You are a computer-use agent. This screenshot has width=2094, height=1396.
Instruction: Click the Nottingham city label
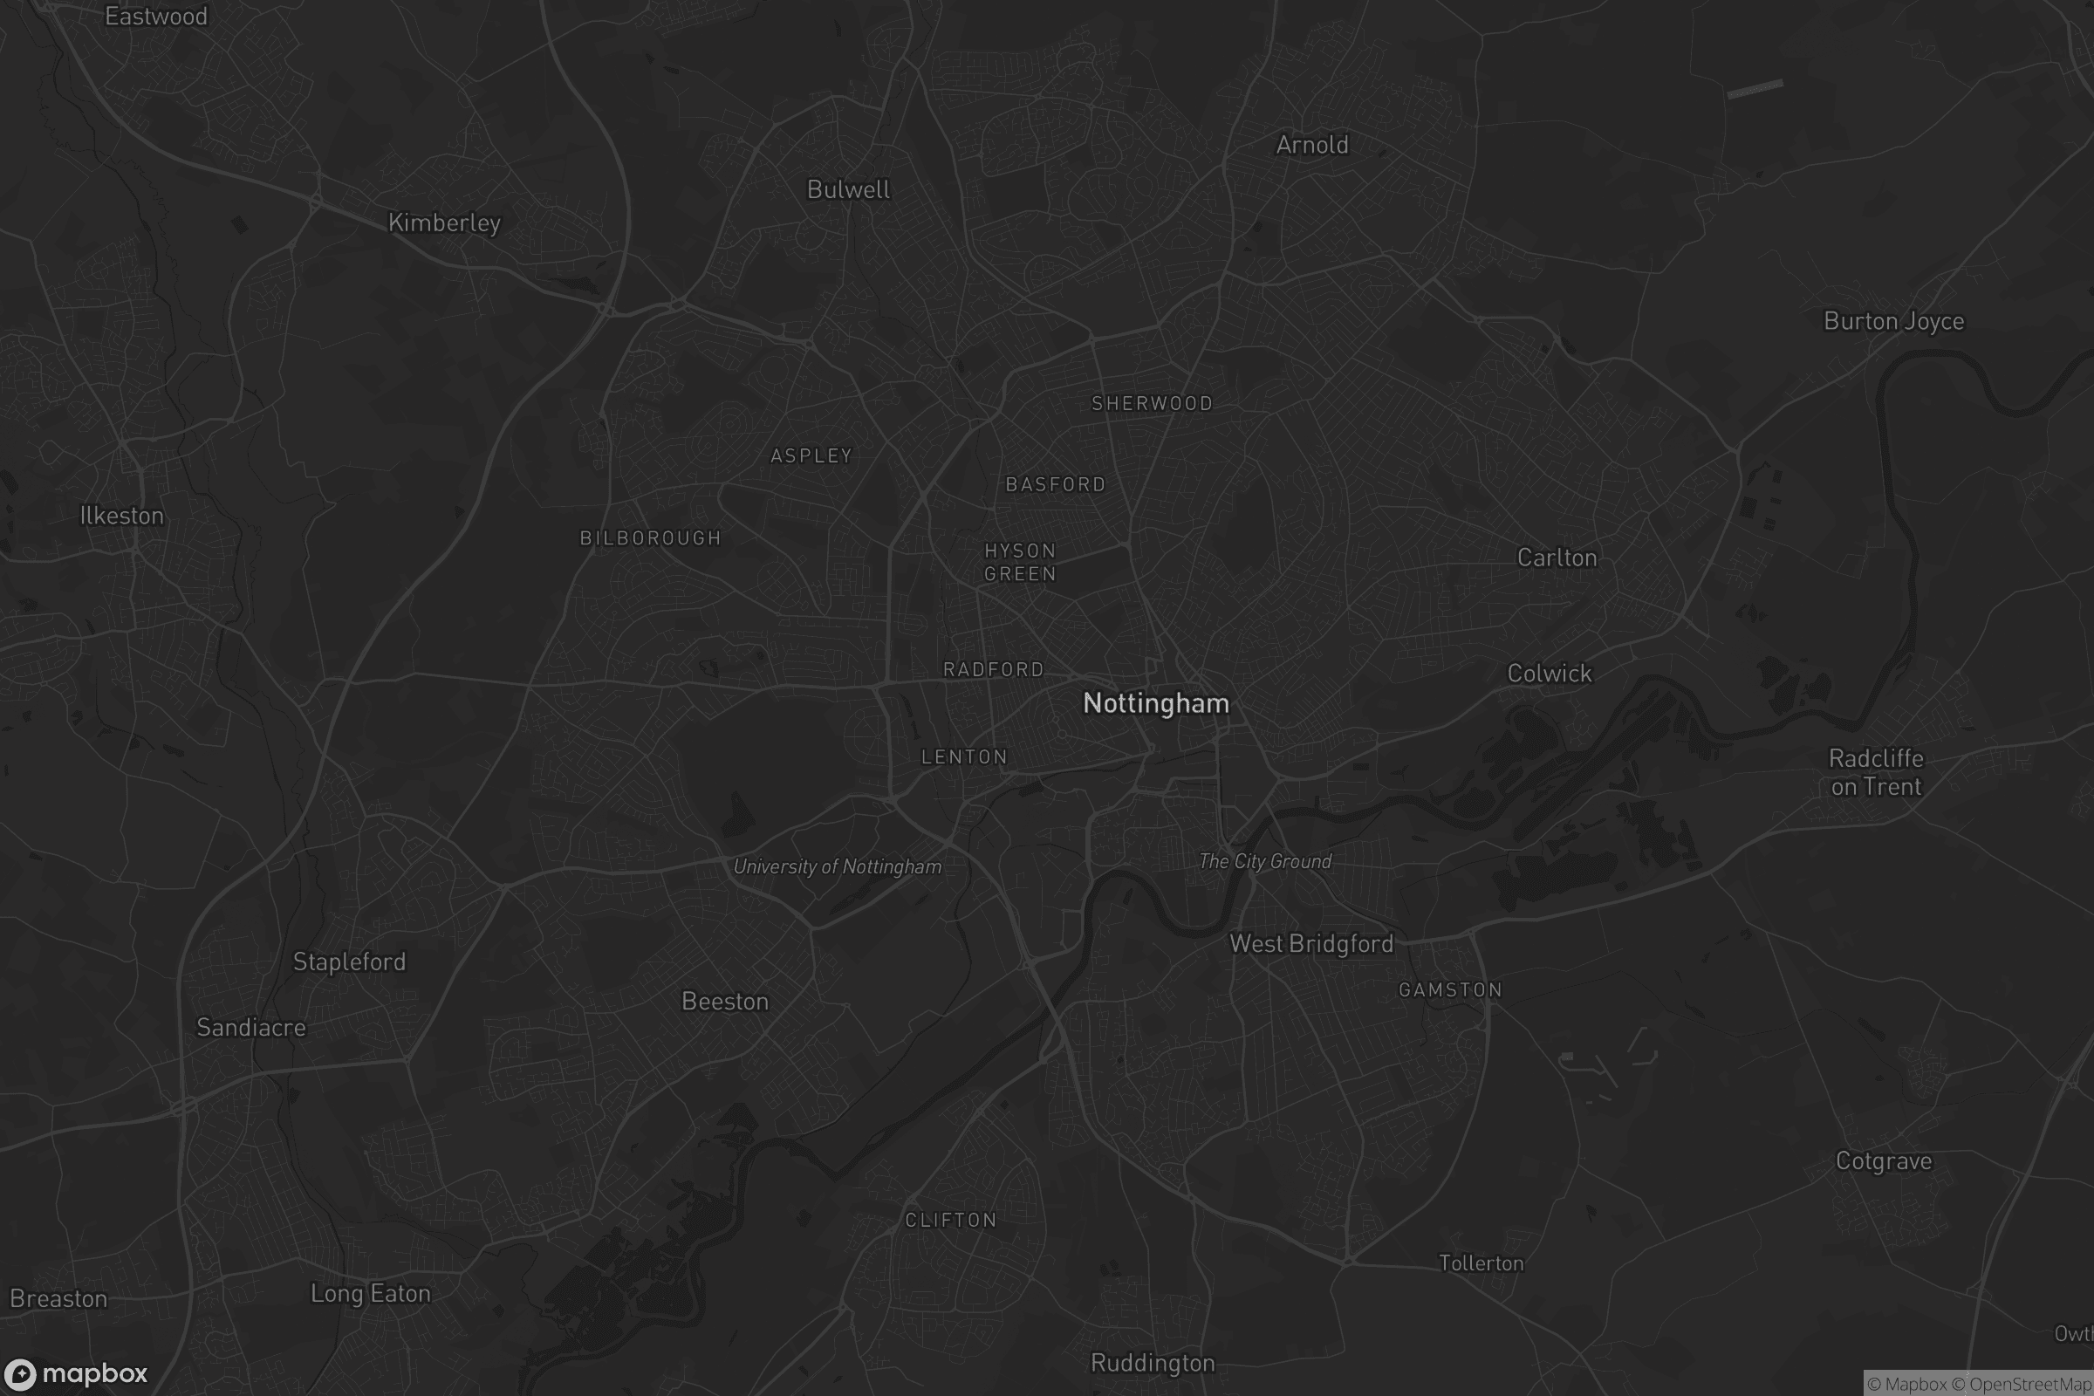point(1155,703)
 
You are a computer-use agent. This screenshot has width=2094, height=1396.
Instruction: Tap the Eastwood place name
point(156,16)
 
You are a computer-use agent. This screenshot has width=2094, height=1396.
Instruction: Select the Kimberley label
point(444,222)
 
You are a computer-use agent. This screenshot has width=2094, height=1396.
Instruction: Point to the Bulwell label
point(847,188)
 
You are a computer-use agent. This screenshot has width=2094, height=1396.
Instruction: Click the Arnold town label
point(1311,144)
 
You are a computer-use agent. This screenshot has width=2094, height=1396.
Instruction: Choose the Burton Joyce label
point(1893,320)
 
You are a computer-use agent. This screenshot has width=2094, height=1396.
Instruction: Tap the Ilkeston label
point(122,516)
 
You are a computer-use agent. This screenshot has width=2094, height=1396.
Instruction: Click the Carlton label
point(1557,558)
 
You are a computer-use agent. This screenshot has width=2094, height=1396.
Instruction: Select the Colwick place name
point(1550,673)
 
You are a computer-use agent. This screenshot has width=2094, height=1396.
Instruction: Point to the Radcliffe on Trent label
point(1876,772)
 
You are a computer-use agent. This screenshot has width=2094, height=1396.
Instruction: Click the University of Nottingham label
point(837,866)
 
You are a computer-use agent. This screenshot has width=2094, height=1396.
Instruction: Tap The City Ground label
point(1265,861)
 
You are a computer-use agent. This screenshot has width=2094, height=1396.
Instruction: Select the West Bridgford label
point(1311,944)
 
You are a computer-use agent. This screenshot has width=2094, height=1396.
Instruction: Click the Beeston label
point(725,1002)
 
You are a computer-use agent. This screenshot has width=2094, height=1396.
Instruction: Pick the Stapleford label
point(349,961)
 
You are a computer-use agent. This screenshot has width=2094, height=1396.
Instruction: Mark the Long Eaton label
point(370,1294)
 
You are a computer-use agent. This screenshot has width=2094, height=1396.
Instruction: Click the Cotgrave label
point(1884,1161)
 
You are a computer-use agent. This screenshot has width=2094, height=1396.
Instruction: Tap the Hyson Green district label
point(1019,562)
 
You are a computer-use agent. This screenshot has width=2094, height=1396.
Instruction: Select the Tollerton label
point(1482,1263)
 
